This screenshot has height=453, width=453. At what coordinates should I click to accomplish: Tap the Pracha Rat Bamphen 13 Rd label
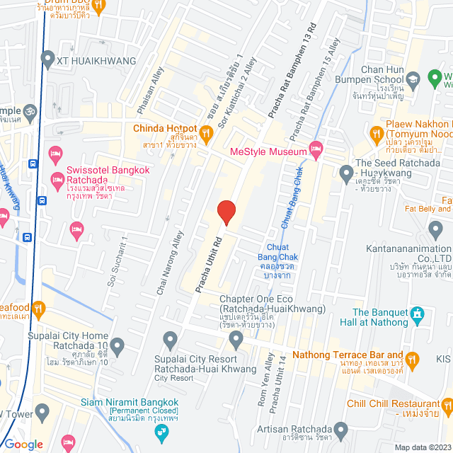pyautogui.click(x=289, y=78)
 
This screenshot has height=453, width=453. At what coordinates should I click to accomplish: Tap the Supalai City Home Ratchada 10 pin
pyautogui.click(x=117, y=346)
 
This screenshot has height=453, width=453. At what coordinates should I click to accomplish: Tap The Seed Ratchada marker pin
pyautogui.click(x=346, y=172)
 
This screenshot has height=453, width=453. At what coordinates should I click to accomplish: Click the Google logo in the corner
pyautogui.click(x=23, y=444)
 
